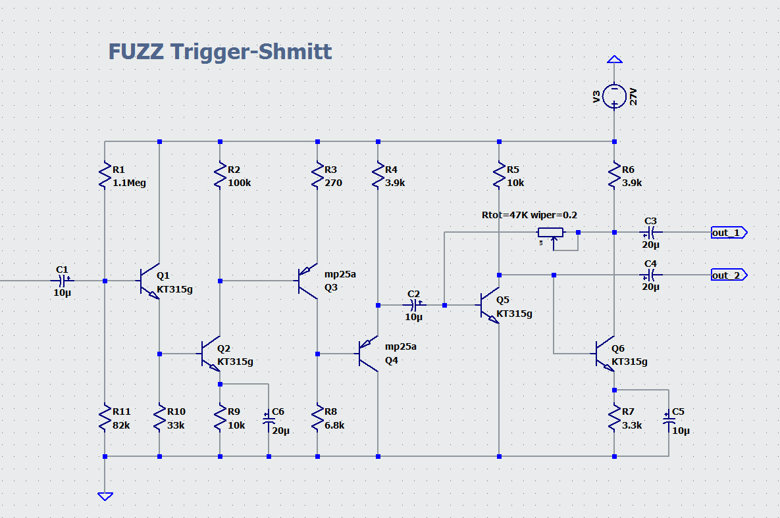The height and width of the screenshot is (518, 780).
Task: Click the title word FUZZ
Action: coord(136,51)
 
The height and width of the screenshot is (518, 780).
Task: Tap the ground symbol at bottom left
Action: coord(105,496)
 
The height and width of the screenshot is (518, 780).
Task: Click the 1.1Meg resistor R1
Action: coord(105,176)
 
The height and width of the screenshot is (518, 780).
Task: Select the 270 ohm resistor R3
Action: coord(318,176)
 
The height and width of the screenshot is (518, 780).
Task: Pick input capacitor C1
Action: coord(63,281)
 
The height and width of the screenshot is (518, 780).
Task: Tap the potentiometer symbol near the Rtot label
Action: coord(552,233)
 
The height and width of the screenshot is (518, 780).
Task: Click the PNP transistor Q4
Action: coord(369,354)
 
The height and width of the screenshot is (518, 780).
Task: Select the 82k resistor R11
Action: coord(105,418)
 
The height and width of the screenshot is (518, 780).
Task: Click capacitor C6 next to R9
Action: coord(269,420)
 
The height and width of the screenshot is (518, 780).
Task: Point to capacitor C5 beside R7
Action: coord(669,420)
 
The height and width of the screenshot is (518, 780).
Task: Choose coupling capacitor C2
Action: coord(414,305)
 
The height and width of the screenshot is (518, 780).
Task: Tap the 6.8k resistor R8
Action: coord(318,418)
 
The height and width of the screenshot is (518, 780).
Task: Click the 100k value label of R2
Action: coord(239,183)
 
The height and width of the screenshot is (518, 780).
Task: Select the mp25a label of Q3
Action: coord(340,274)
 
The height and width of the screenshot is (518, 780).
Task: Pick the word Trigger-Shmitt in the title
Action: coord(251,51)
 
